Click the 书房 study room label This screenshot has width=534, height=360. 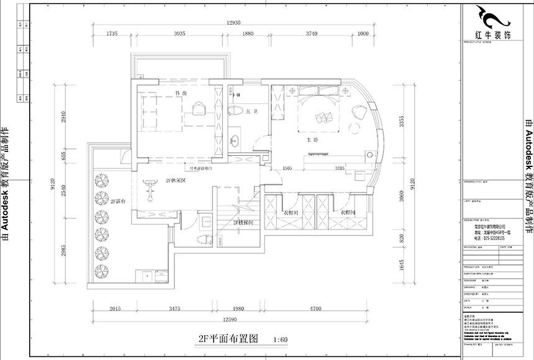pos(181,94)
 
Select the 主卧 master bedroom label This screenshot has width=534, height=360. pos(312,140)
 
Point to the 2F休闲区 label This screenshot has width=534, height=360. pos(176,181)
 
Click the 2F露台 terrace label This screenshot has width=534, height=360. pos(119,202)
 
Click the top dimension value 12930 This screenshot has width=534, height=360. pos(233,22)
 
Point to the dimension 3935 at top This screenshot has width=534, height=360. pos(179,34)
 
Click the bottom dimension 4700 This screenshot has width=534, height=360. pos(315,308)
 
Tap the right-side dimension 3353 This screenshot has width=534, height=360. pos(402,121)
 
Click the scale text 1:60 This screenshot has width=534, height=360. pos(281,340)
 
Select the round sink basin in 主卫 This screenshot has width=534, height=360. pos(235,139)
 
